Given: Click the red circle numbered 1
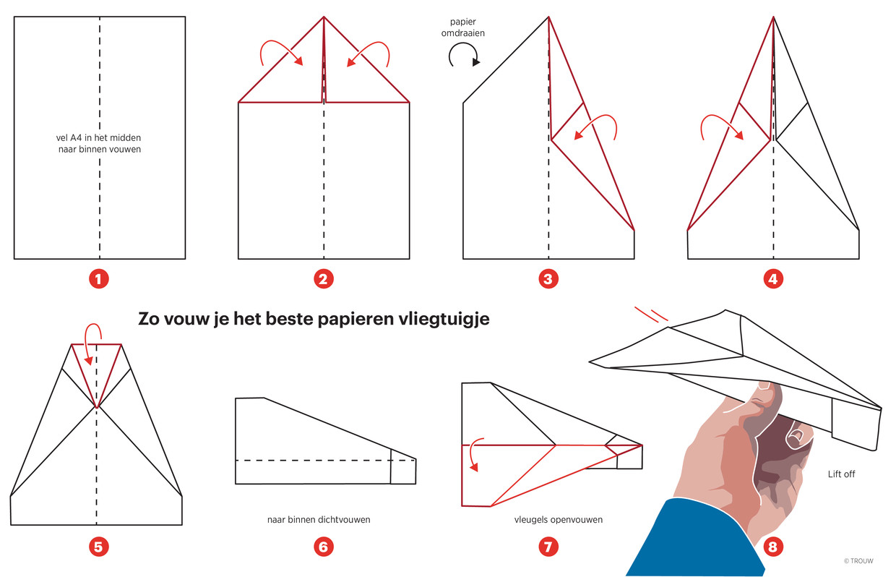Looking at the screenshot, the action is pos(99,278).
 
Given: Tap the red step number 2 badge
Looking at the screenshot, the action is pos(324,278).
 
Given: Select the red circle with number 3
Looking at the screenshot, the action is pos(548,278).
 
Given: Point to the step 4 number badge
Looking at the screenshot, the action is pos(773,278).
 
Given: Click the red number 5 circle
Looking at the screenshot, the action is pos(99,547).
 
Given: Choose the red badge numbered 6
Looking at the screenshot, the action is pos(324,547).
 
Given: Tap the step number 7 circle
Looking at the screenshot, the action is pos(548,547).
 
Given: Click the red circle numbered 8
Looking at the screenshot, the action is pos(773,547).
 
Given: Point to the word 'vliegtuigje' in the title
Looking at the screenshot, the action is pos(444,320).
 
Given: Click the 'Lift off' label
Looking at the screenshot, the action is pos(841,474).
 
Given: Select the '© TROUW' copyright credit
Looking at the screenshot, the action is pos(858,561).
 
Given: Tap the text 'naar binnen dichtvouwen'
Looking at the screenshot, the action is pos(319,519).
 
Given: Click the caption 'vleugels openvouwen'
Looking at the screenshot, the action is pos(559,519).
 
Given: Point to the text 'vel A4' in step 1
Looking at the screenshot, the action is pos(69,138).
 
